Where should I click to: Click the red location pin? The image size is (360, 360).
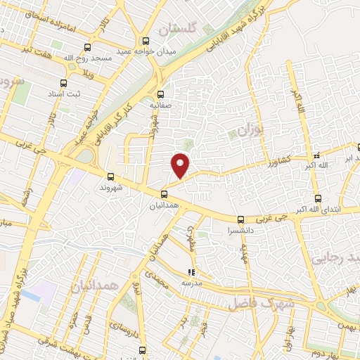point(181,164)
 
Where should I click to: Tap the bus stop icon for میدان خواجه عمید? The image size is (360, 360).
point(146,40)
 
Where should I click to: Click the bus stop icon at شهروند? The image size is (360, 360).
point(110,177)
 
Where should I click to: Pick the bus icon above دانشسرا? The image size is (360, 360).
point(240,219)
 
